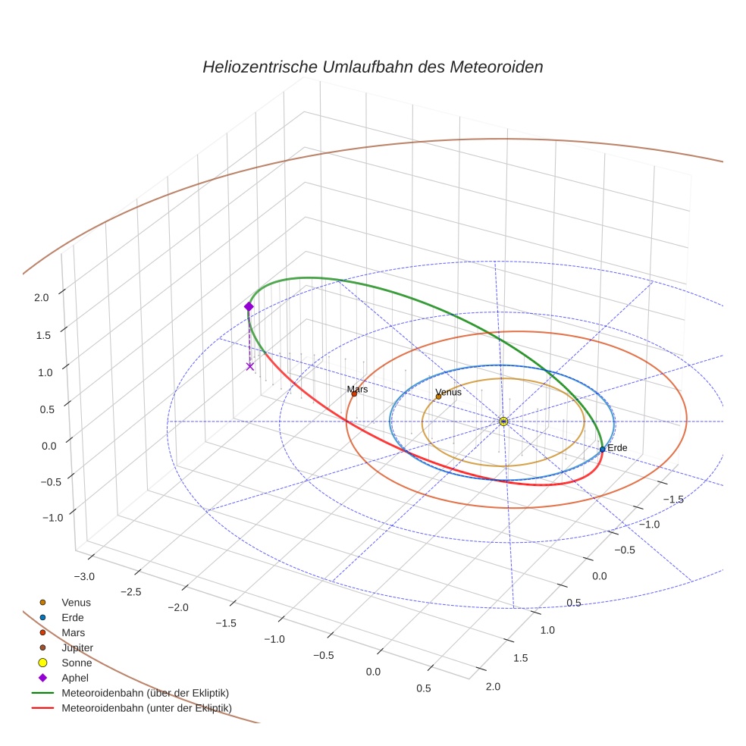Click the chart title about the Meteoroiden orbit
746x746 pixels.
372,67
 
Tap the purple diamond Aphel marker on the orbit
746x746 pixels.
249,306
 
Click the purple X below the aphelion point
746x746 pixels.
250,367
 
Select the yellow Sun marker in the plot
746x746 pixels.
503,421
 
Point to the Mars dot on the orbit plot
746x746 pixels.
354,393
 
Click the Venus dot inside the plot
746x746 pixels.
438,397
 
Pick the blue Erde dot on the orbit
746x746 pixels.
603,449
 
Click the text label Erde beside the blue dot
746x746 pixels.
617,448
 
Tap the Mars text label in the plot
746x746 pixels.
358,389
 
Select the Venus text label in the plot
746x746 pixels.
449,392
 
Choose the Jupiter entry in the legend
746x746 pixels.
77,647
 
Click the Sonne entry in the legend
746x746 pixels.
77,663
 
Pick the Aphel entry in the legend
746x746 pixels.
75,678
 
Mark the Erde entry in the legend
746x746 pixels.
73,617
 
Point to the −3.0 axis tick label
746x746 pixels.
85,576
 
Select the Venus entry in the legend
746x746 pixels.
76,602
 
